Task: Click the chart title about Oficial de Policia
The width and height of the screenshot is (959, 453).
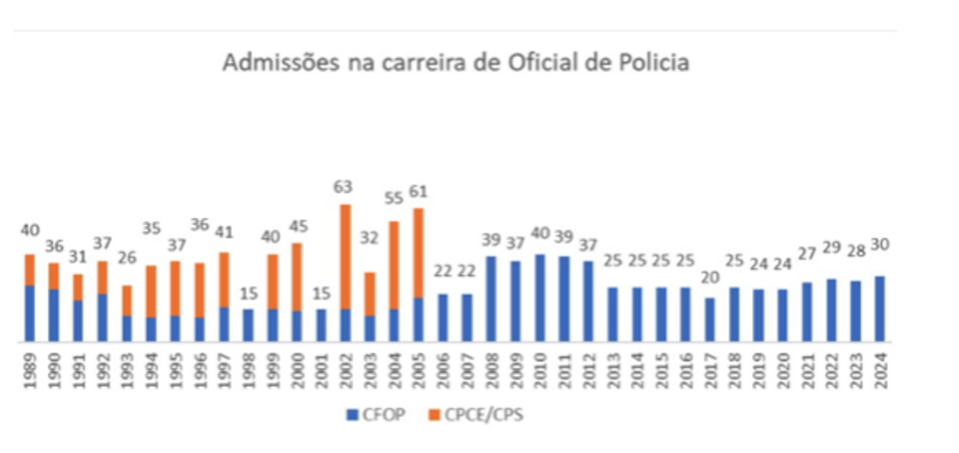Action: point(456,63)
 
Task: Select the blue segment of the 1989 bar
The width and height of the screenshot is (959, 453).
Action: point(30,313)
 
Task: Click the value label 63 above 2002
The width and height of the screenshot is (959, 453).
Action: point(343,187)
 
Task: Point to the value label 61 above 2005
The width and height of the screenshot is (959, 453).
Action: point(418,192)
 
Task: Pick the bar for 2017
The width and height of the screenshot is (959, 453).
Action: point(710,319)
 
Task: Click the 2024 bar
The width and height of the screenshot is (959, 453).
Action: point(880,308)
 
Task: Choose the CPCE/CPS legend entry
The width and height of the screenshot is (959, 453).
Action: point(475,415)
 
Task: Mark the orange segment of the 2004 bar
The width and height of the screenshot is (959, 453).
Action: point(394,265)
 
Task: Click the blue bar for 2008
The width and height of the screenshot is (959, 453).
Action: point(491,298)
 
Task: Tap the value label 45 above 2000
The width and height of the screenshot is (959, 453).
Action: point(296,226)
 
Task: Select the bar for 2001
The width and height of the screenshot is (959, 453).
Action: point(320,325)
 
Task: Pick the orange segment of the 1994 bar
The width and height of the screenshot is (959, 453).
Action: point(151,291)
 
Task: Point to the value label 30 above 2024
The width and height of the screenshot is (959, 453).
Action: point(880,245)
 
